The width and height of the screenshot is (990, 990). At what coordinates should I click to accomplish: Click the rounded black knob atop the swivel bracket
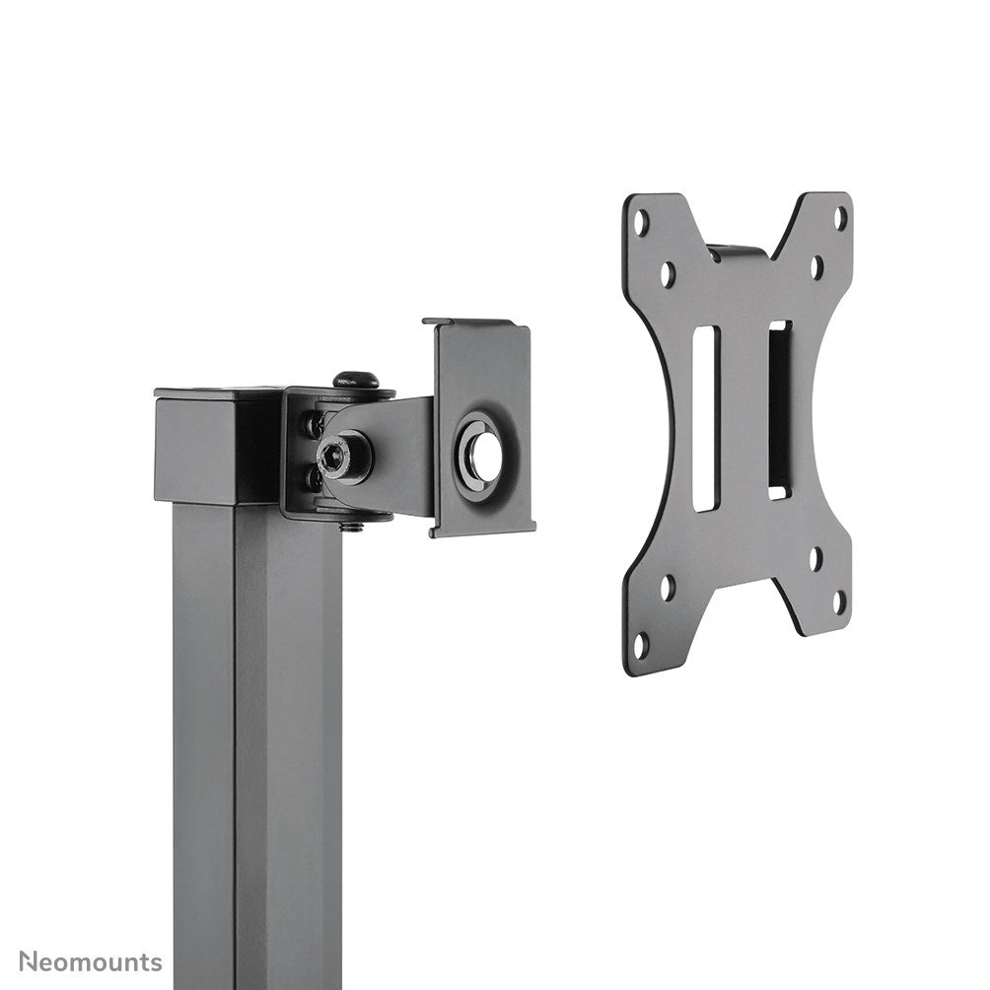coord(355,379)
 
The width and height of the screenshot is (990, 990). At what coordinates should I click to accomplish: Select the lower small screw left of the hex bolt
coord(314,478)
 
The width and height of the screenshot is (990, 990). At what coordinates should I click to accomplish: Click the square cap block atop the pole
coord(217,446)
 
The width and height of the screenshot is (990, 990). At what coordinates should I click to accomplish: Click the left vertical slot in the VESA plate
coord(705,418)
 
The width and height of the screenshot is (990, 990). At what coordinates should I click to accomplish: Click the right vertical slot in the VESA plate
coord(779,408)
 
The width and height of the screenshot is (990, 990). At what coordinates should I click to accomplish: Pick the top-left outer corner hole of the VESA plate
coord(642,223)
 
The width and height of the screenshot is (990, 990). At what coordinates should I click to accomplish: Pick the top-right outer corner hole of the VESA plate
coord(840,215)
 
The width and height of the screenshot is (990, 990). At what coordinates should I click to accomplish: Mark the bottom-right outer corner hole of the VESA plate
coord(839,600)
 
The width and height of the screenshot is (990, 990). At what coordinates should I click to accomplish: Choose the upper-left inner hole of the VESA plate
coord(669,273)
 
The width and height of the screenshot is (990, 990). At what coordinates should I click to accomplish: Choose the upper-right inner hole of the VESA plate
coord(816,265)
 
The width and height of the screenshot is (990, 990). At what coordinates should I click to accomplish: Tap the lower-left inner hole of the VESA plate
coord(669,587)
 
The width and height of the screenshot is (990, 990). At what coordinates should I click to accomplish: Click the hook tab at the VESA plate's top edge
coord(738,249)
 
